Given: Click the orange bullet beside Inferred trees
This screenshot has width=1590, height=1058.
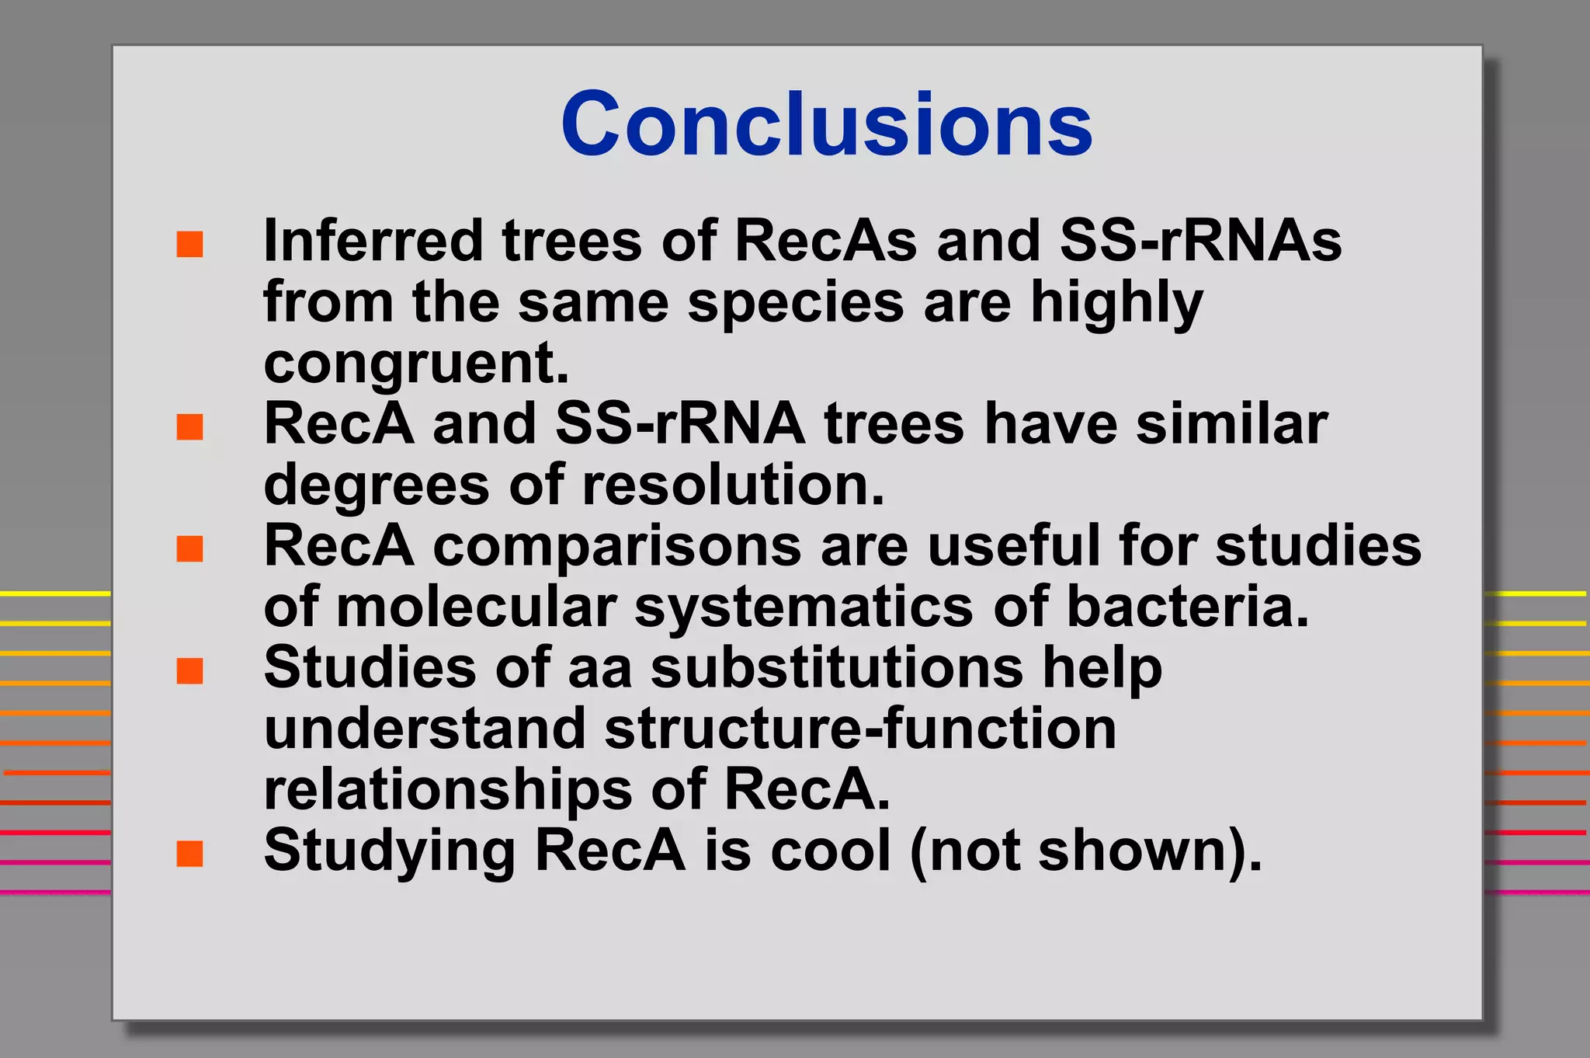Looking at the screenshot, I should (189, 244).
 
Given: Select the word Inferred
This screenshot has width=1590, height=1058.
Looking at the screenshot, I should (373, 241).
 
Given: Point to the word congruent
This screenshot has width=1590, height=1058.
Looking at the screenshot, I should (415, 364).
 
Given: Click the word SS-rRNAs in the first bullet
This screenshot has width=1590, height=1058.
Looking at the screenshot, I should (1200, 241).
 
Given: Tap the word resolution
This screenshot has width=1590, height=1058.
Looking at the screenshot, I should (733, 485).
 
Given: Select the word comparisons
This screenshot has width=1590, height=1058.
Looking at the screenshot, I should (616, 545).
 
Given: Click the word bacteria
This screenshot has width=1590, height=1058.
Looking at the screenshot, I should (1187, 607).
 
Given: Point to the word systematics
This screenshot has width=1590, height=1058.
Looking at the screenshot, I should (804, 608).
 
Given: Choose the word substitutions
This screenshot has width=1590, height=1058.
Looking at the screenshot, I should (837, 667).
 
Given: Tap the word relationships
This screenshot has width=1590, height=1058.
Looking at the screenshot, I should (447, 790).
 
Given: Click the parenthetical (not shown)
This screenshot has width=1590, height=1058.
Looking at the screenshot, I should (1085, 851).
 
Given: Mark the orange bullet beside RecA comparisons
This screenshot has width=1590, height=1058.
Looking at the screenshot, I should (189, 548).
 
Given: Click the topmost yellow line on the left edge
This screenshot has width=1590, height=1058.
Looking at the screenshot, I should (54, 593).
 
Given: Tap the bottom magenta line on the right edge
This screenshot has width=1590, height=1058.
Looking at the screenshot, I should (1536, 892).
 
